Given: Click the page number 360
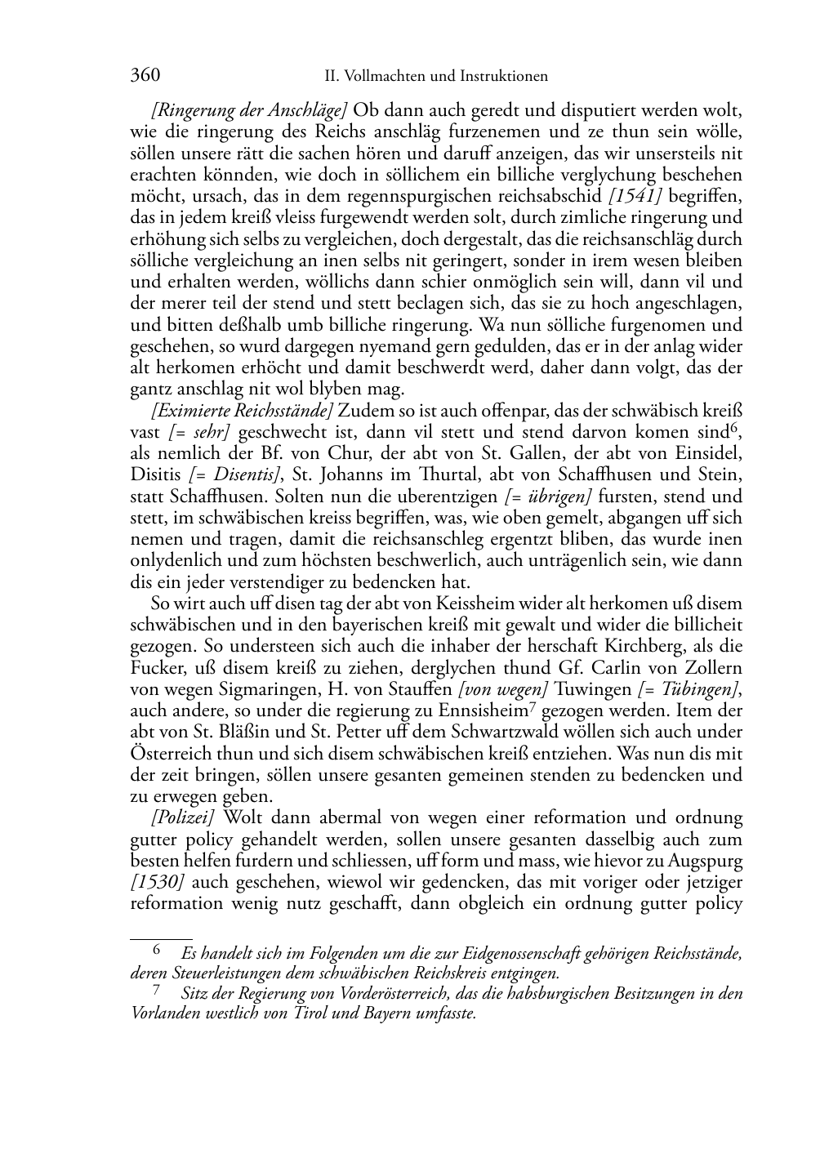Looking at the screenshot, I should point(145,76).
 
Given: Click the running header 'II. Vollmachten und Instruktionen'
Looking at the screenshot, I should point(436,77).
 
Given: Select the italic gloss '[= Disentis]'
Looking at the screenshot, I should point(235,474).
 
